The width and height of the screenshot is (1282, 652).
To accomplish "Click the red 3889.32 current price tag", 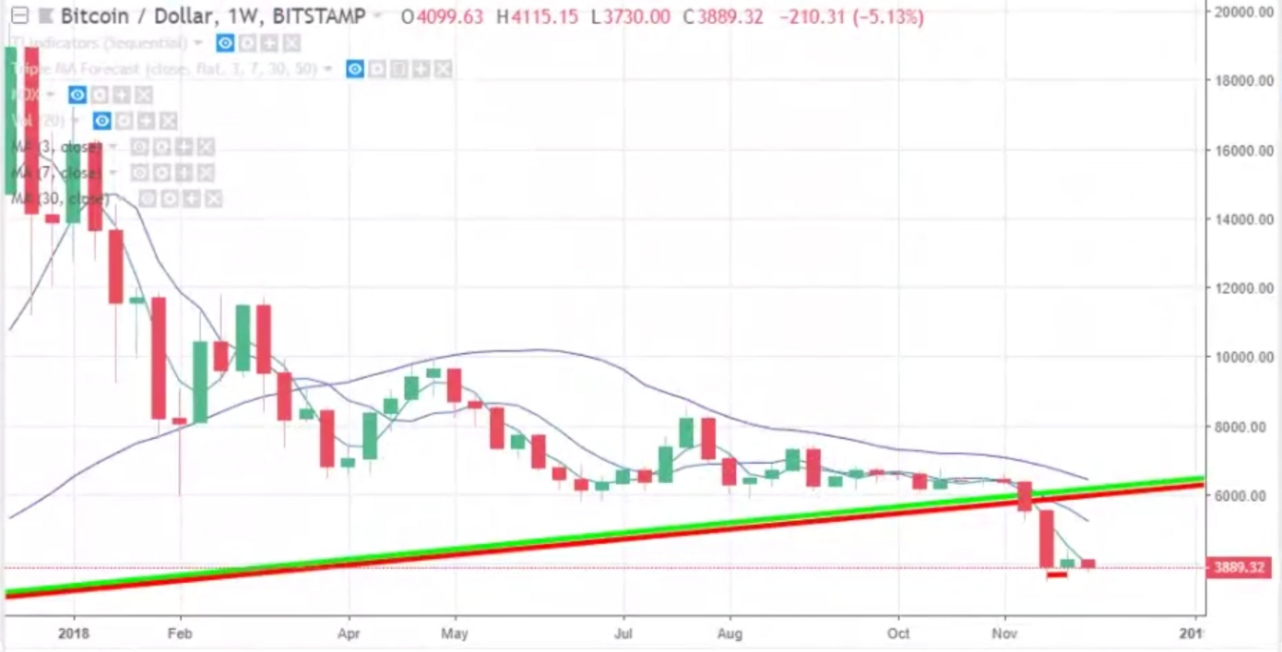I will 1239,567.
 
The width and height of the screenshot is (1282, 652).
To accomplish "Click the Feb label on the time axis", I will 180,634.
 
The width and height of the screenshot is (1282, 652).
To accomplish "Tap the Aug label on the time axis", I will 730,634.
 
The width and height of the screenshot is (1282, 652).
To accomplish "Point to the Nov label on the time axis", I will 1004,634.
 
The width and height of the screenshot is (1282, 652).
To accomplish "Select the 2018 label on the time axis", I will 75,634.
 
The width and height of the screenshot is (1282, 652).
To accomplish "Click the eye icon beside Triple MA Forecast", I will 355,69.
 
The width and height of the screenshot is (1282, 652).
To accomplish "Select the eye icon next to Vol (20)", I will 101,121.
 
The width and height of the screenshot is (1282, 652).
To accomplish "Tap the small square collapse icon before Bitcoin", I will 19,16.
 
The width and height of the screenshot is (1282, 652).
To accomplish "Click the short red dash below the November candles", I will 1057,575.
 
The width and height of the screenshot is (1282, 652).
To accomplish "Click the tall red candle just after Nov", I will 1046,539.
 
